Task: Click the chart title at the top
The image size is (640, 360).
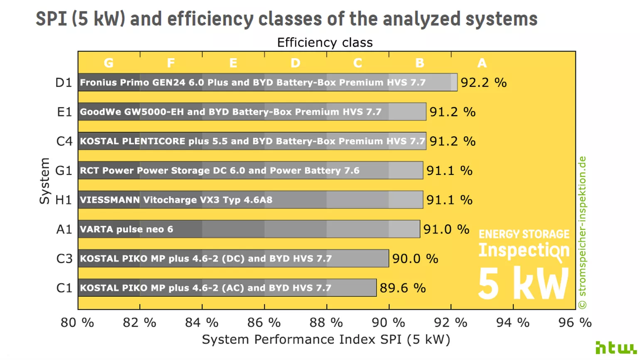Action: point(286,19)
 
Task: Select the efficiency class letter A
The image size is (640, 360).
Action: point(482,63)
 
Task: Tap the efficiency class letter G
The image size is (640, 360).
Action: point(108,63)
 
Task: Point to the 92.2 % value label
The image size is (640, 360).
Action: point(483,83)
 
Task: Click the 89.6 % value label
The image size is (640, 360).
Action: point(402,288)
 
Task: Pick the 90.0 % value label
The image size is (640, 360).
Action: point(415,259)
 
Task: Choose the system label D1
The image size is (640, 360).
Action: point(64,83)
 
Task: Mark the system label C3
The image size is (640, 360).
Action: point(64,259)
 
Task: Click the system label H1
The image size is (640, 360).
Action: point(64,200)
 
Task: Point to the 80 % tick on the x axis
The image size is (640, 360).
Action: point(77,323)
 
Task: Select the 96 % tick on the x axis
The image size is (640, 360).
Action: point(575,323)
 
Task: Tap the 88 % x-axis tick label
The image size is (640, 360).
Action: point(326,323)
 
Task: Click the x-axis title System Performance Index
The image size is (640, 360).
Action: point(326,340)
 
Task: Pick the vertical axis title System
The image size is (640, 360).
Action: point(44,181)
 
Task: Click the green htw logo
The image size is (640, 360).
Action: point(615,348)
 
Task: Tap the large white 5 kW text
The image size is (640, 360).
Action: point(523,284)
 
